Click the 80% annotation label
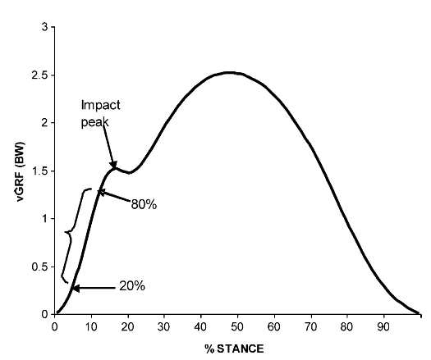pos(143,203)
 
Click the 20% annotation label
pos(131,286)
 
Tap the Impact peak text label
pos(101,113)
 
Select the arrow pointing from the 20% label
pos(92,288)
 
